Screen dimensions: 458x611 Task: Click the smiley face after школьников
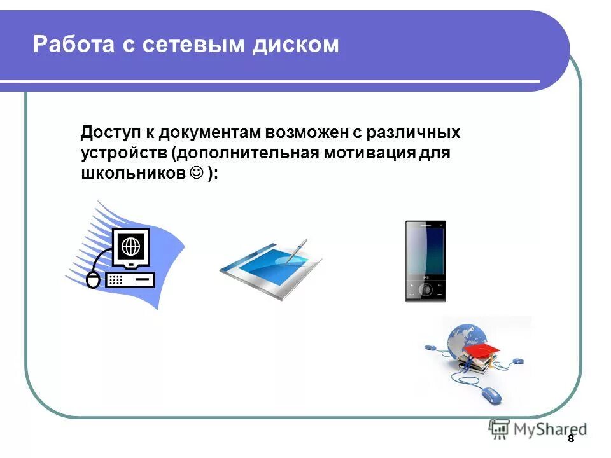tap(196, 173)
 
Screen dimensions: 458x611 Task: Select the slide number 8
tap(570, 439)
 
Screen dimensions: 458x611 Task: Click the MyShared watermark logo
tap(538, 429)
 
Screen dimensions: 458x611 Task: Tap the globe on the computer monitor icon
tap(130, 244)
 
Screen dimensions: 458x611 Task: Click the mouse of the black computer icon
tap(94, 279)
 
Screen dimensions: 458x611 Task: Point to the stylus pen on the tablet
tap(296, 251)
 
